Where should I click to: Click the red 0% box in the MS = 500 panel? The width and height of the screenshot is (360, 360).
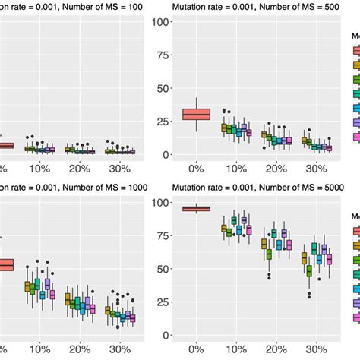[197, 114]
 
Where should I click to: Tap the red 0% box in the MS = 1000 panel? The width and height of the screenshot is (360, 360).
[6, 265]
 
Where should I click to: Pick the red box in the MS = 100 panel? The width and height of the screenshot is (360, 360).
[6, 145]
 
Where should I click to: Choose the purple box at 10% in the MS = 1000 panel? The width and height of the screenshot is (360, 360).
[47, 284]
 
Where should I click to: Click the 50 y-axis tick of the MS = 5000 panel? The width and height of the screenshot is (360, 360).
[162, 269]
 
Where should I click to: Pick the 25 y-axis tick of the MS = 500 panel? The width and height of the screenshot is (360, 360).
[162, 121]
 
